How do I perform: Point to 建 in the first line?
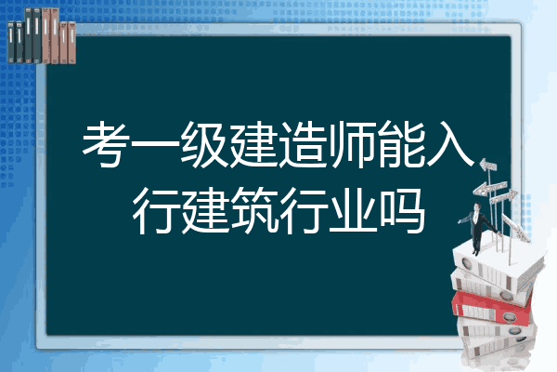click(253, 144)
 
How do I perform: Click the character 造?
click(303, 144)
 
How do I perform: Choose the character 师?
click(352, 144)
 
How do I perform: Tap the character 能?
click(401, 144)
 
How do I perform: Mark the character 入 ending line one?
click(450, 144)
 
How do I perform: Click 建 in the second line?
click(204, 210)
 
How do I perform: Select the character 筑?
click(253, 210)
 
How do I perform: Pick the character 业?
click(353, 211)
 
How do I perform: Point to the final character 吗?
click(402, 211)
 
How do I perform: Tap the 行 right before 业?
click(303, 211)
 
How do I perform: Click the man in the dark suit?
click(477, 228)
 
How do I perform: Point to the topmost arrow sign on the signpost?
click(488, 166)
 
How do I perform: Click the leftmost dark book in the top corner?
click(11, 42)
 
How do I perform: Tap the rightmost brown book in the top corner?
click(71, 43)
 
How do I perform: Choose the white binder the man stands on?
click(498, 265)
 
